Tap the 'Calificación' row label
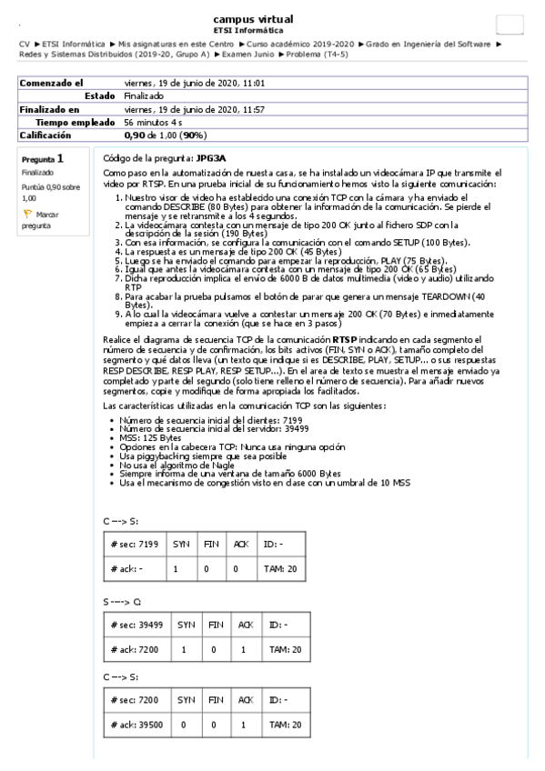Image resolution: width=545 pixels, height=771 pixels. click(46, 135)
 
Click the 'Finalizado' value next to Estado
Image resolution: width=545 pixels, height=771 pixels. click(144, 95)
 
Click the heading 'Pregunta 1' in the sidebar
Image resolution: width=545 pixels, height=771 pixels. click(43, 158)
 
